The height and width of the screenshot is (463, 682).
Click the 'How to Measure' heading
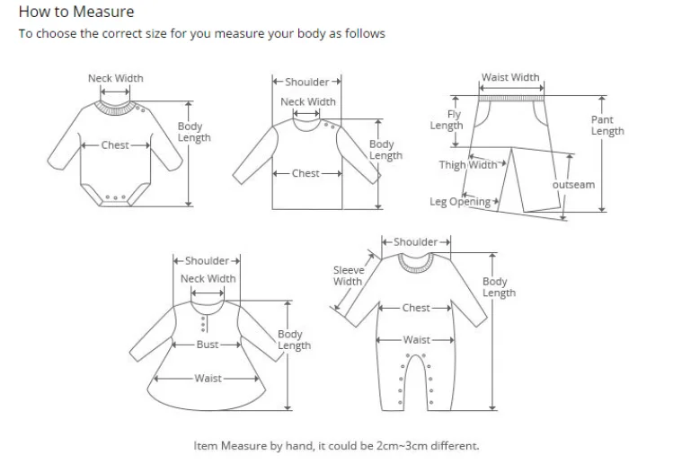coord(76,12)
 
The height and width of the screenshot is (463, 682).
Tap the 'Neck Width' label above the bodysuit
coord(115,78)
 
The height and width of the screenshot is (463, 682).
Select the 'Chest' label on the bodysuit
coord(115,145)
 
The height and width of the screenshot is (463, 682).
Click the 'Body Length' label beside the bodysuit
coord(193,132)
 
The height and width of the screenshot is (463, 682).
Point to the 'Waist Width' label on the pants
coord(510,77)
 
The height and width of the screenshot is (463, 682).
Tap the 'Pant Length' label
coord(607,125)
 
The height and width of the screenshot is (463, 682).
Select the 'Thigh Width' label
coord(467,165)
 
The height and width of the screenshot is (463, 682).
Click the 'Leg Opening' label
coord(459,202)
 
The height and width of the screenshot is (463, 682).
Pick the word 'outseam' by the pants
coord(573,185)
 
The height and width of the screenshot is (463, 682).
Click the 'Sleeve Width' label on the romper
coord(348,275)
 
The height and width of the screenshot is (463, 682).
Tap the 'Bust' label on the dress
coord(208,345)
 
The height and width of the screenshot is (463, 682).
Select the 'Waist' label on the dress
coord(208,379)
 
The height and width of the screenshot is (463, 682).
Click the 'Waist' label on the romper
coord(416,340)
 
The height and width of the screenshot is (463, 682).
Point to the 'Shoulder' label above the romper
coord(415,242)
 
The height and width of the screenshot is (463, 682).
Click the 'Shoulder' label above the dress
coord(207,261)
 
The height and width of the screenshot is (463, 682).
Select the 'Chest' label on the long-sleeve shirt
coord(306,173)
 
